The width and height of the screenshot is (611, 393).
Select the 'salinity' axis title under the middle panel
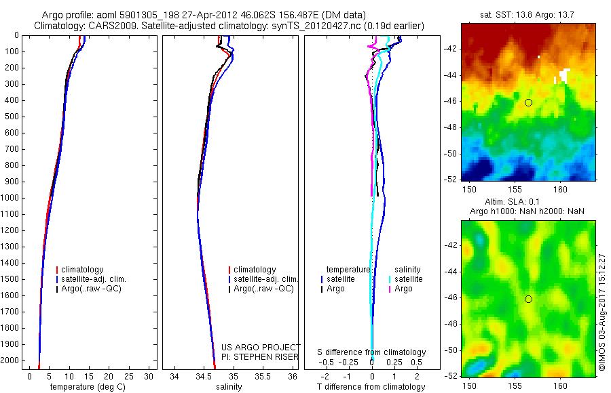click(x=229, y=387)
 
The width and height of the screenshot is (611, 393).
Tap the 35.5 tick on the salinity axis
click(x=263, y=376)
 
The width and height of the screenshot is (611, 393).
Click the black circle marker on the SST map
click(x=528, y=102)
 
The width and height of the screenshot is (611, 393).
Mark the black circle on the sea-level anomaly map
click(x=528, y=299)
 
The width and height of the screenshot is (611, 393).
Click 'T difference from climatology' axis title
click(x=371, y=387)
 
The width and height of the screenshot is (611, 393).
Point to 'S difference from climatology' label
click(x=372, y=352)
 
